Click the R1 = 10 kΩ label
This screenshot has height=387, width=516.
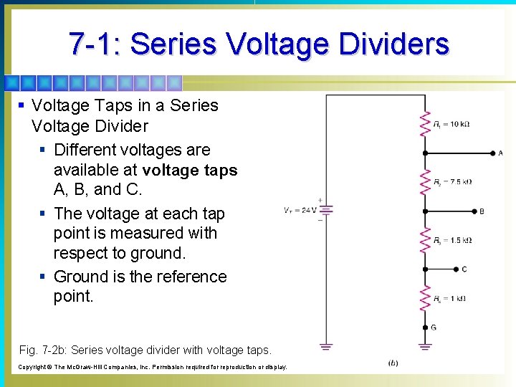(x=451, y=124)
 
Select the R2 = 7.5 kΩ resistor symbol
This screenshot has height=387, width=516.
(x=426, y=182)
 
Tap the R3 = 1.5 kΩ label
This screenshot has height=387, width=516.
(x=452, y=240)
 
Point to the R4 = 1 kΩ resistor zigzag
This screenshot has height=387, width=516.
(x=426, y=298)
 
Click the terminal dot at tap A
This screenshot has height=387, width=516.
(x=491, y=153)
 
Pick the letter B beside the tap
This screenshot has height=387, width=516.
(x=481, y=211)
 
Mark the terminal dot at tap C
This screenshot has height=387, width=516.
(x=456, y=269)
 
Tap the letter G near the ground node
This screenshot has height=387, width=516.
(x=433, y=328)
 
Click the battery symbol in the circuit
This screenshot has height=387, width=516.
(x=326, y=210)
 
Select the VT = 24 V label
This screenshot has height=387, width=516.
(x=300, y=211)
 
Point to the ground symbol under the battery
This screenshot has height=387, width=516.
(x=326, y=348)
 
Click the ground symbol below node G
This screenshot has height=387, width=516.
(x=426, y=348)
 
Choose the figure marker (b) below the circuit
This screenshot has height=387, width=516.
(x=393, y=363)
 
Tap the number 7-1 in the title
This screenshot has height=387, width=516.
(x=94, y=44)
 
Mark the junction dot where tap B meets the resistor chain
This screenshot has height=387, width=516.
(x=426, y=211)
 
